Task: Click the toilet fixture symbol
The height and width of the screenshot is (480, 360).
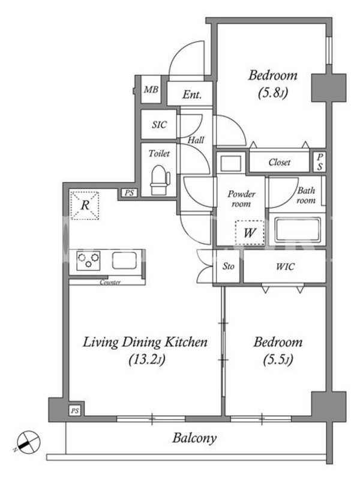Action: [160, 180]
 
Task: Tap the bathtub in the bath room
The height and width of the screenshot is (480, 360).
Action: [298, 229]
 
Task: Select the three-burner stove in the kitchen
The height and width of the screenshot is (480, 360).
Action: [88, 260]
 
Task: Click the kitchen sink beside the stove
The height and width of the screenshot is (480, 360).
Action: [124, 260]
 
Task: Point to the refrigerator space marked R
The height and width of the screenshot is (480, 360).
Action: [85, 205]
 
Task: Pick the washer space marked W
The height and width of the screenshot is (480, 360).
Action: [250, 233]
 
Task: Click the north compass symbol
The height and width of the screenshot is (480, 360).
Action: [28, 442]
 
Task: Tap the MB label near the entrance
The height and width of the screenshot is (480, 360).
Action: [151, 89]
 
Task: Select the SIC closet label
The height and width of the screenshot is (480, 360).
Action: [159, 125]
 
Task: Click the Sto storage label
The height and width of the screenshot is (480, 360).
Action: [229, 266]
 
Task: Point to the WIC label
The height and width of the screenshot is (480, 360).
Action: [285, 266]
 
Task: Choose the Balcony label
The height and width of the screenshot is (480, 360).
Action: [194, 438]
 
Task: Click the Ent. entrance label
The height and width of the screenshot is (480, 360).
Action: [192, 95]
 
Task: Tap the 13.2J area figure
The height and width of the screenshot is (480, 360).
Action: [147, 359]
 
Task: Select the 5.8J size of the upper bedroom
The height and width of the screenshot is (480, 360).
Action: [273, 92]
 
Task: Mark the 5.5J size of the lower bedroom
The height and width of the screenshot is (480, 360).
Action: [278, 359]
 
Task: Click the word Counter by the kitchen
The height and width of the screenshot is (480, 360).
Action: [110, 282]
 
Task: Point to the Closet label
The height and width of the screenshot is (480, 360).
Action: [280, 162]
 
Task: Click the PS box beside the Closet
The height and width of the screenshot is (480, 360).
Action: [320, 161]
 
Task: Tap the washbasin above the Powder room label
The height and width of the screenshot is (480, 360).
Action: [231, 163]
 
